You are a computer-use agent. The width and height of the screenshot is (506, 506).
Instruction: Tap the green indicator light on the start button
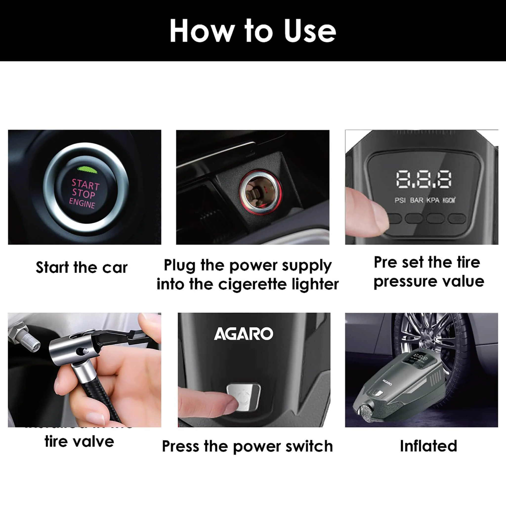[87, 170]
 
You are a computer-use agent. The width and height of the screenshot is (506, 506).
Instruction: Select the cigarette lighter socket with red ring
[260, 192]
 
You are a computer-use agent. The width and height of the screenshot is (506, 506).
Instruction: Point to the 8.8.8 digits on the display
[423, 179]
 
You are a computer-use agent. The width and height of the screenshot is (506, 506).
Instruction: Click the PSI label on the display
[400, 200]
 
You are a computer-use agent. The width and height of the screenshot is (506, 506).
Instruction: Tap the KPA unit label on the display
[433, 200]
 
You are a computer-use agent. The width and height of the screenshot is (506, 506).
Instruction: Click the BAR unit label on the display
[416, 200]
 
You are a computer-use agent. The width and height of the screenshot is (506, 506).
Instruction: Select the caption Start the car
[82, 268]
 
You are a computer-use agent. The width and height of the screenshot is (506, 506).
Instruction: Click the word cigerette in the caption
[253, 284]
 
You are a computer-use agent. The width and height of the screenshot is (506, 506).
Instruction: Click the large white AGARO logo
[244, 334]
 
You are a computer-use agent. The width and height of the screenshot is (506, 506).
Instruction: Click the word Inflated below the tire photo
[428, 446]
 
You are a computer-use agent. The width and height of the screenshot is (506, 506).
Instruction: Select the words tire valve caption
[79, 442]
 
